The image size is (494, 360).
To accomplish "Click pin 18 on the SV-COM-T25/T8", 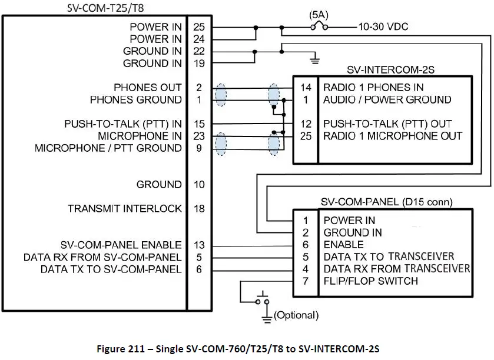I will click(x=198, y=209).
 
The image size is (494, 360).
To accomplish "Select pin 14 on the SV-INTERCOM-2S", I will click(x=306, y=88).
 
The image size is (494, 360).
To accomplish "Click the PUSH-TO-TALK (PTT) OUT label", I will click(x=387, y=124).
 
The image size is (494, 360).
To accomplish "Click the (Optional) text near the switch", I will click(x=296, y=316).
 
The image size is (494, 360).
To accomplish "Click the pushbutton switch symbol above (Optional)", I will click(x=262, y=298).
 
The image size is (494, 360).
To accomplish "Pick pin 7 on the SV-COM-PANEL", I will click(x=305, y=281).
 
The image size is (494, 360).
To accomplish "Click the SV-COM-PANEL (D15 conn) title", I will click(x=386, y=202).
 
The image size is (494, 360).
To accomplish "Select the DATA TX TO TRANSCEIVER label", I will click(x=389, y=256).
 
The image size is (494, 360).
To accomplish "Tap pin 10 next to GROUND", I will click(x=198, y=185).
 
